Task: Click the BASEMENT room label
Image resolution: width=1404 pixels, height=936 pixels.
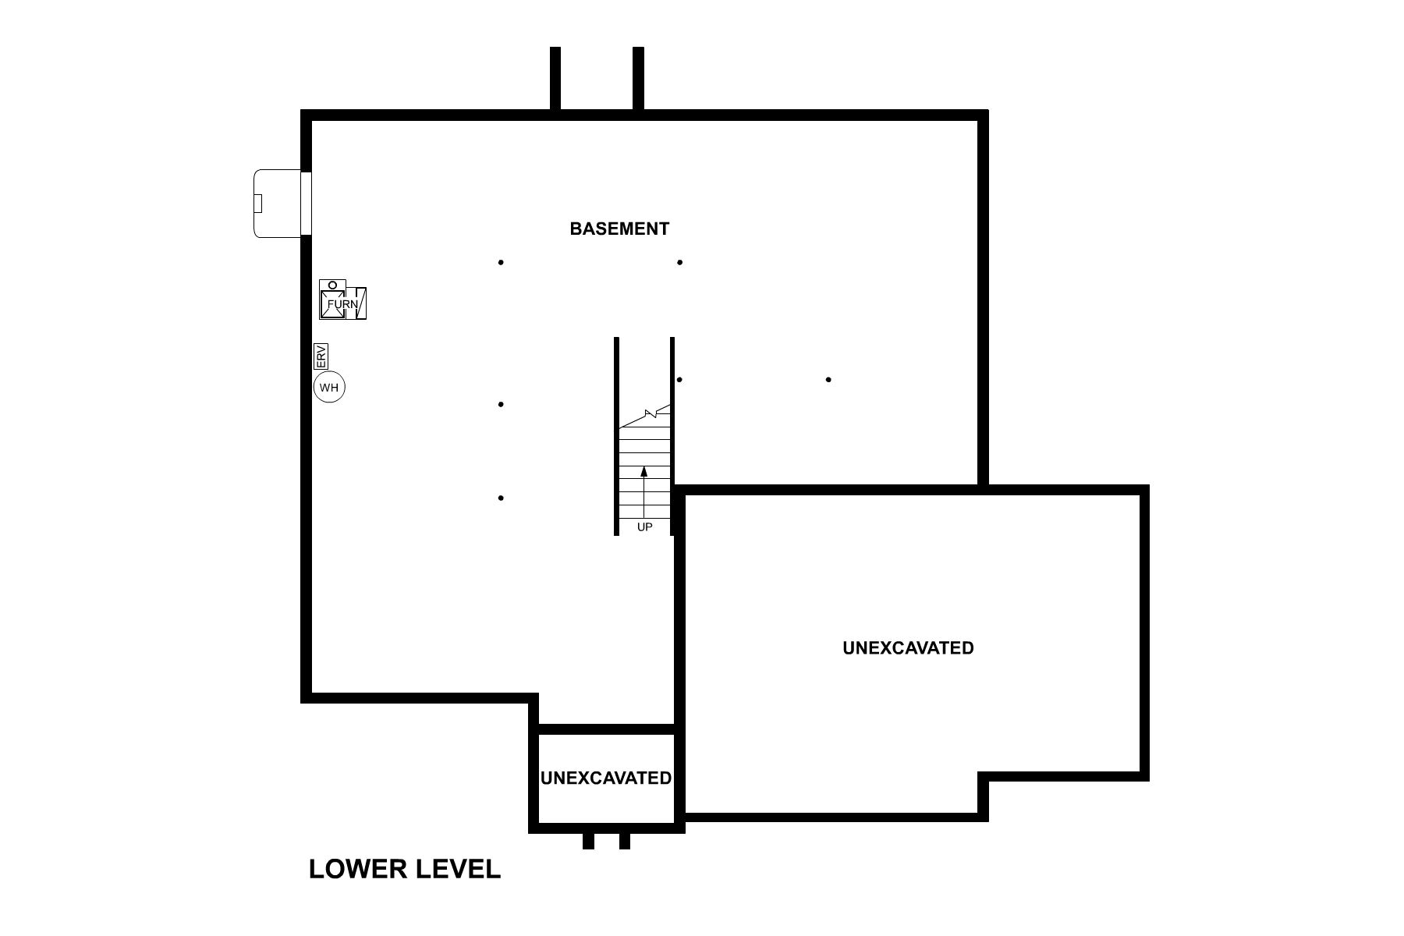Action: click(x=619, y=229)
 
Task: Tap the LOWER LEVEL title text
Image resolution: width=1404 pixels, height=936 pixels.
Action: click(x=404, y=869)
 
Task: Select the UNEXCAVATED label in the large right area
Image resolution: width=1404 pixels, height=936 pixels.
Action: click(x=908, y=648)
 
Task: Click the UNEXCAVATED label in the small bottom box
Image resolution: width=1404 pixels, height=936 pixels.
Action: click(x=606, y=778)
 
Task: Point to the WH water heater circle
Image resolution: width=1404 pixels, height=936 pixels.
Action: click(x=329, y=387)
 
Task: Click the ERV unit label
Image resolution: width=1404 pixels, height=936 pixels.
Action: click(x=321, y=356)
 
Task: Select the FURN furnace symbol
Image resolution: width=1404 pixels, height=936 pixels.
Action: click(x=342, y=303)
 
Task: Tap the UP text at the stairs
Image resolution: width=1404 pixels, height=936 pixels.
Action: click(x=644, y=527)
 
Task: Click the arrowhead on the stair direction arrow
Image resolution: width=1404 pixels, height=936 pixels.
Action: click(x=644, y=471)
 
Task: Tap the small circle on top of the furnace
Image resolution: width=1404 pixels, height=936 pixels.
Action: click(x=332, y=285)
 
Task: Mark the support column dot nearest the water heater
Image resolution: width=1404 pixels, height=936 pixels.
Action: click(x=501, y=404)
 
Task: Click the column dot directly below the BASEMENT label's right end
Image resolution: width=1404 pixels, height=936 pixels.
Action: click(x=680, y=262)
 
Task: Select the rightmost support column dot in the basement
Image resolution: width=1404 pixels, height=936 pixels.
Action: click(x=828, y=380)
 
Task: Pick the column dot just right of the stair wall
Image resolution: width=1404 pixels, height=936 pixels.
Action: click(x=680, y=380)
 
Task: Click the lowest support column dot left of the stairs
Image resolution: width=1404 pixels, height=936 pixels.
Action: click(x=501, y=498)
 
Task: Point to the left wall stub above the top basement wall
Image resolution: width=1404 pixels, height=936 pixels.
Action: click(x=555, y=78)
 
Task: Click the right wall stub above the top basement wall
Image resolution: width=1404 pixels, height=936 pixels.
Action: click(x=638, y=78)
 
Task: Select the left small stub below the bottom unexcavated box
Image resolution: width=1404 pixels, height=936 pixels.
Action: click(x=588, y=841)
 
